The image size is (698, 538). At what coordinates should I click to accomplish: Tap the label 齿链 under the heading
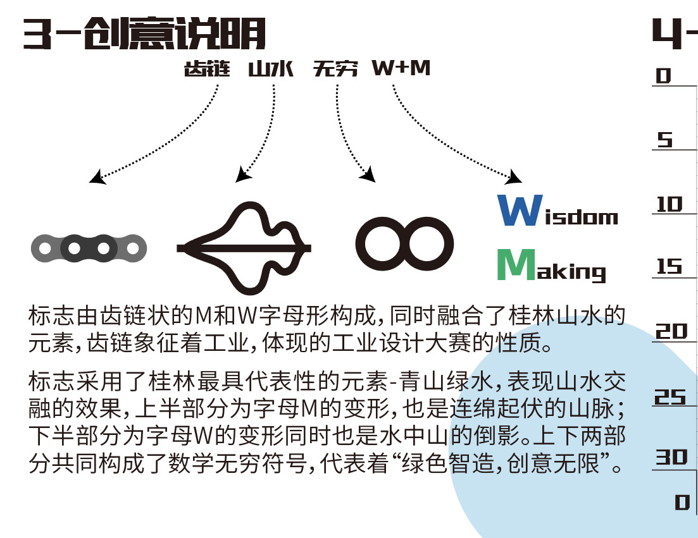pyautogui.click(x=206, y=68)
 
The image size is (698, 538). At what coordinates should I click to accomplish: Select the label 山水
pyautogui.click(x=271, y=68)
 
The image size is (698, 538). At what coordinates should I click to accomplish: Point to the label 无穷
pyautogui.click(x=335, y=68)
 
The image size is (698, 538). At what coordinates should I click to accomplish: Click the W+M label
pyautogui.click(x=401, y=68)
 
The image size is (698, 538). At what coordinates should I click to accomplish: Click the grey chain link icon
pyautogui.click(x=89, y=248)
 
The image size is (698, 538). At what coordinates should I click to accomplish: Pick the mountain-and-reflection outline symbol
pyautogui.click(x=244, y=248)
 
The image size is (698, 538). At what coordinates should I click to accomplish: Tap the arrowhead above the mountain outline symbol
pyautogui.click(x=242, y=174)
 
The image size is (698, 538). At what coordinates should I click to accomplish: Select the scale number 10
pyautogui.click(x=670, y=204)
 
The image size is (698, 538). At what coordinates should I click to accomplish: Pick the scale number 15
pyautogui.click(x=670, y=267)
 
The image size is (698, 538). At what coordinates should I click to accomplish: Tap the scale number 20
pyautogui.click(x=671, y=331)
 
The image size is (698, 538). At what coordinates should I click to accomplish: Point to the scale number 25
pyautogui.click(x=670, y=397)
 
